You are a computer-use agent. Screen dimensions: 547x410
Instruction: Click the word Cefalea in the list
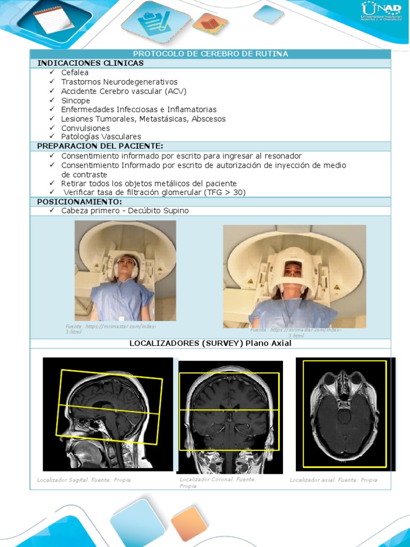coord(75,72)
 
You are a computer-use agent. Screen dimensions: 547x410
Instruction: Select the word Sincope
coord(76,100)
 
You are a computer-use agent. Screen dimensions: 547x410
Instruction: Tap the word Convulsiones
coord(85,128)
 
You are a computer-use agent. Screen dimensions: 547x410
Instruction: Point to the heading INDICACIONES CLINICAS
coord(90,63)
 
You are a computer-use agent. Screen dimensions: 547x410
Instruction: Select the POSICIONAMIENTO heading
coord(80,201)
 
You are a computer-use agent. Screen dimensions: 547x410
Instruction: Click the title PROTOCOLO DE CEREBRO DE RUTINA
coord(210,54)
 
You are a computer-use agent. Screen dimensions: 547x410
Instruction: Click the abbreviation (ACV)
coord(175,91)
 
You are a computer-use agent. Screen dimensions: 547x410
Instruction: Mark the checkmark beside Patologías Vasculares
coord(52,137)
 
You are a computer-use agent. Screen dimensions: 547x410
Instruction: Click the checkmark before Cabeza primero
coord(52,210)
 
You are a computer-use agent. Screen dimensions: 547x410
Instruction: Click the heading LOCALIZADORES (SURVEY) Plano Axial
coord(210,343)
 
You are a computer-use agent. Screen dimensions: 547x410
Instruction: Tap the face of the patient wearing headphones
coord(126,265)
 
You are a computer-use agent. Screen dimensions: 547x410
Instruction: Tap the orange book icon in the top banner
coord(210,24)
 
